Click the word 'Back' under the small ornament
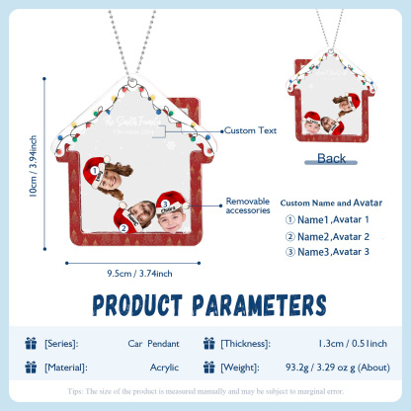pos(333,158)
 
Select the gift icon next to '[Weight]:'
pos(207,367)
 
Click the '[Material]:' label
pos(66,367)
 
